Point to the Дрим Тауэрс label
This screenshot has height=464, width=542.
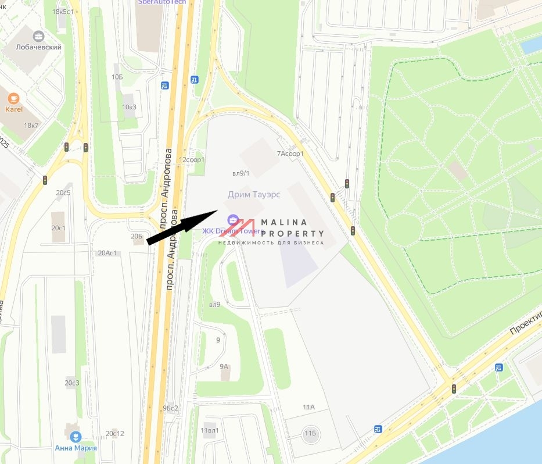point(254,194)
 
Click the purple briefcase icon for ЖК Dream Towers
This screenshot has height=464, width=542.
point(232,219)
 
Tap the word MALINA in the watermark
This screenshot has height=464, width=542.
point(284,223)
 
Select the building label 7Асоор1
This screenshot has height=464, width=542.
point(290,154)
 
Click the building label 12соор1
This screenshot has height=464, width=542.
point(192,159)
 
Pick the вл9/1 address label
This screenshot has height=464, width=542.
point(241,173)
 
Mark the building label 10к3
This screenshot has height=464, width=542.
point(129,106)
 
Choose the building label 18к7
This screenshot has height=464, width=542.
point(31,126)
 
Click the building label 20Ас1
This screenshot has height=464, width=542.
point(107,253)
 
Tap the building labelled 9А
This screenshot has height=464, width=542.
point(224,367)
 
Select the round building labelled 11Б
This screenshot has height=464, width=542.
point(310,433)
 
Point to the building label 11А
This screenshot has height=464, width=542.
point(308,408)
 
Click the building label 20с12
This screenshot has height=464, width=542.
point(115,434)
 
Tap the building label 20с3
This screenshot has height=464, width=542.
point(72,383)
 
